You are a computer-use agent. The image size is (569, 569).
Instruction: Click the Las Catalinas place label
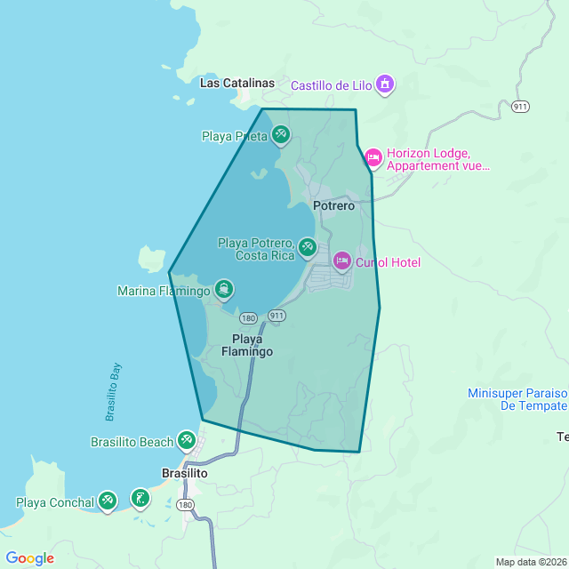click(x=237, y=83)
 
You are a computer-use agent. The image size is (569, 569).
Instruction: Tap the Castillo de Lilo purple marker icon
click(x=385, y=85)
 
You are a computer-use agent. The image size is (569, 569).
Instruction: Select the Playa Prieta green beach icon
click(x=280, y=135)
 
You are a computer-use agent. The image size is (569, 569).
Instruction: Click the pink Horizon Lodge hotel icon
click(x=373, y=158)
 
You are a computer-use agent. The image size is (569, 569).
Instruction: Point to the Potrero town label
click(x=333, y=205)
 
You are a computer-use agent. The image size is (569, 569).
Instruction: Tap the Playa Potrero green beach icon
click(x=307, y=246)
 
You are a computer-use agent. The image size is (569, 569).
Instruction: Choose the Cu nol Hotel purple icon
click(x=341, y=261)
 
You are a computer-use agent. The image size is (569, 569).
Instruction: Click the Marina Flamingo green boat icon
click(x=224, y=289)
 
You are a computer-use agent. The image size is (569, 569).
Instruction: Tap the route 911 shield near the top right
click(x=521, y=107)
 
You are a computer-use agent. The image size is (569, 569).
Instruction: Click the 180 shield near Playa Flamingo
click(x=248, y=318)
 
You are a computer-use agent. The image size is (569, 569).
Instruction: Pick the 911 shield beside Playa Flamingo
click(x=276, y=316)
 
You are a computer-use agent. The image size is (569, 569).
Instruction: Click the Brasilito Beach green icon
click(x=186, y=440)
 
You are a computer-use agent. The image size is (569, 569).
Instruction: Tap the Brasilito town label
click(x=184, y=474)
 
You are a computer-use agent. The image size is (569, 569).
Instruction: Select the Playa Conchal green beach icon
click(x=108, y=501)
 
